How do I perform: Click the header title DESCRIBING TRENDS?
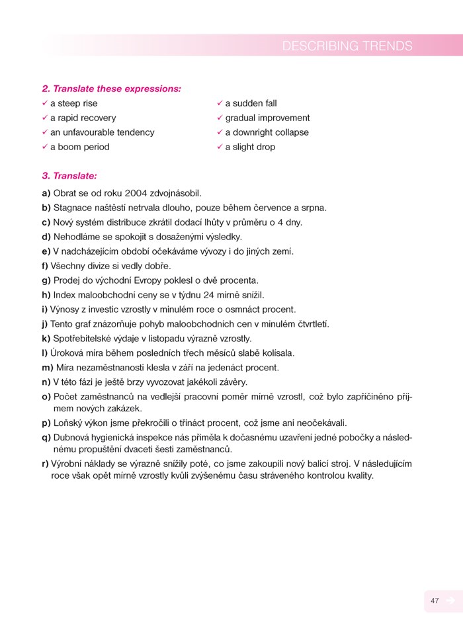[x=347, y=46]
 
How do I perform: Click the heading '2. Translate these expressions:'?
[x=111, y=89]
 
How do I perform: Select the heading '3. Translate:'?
[x=69, y=176]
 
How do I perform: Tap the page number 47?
[x=435, y=601]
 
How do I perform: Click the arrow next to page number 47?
[x=450, y=601]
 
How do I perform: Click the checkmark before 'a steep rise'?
[x=44, y=103]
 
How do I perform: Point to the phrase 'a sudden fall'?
[x=251, y=103]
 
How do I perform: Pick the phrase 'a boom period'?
[x=79, y=147]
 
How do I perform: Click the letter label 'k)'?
[x=46, y=338]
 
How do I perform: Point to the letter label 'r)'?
[x=45, y=464]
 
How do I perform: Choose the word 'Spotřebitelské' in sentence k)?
[x=83, y=338]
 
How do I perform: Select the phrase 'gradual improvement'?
[x=267, y=118]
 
